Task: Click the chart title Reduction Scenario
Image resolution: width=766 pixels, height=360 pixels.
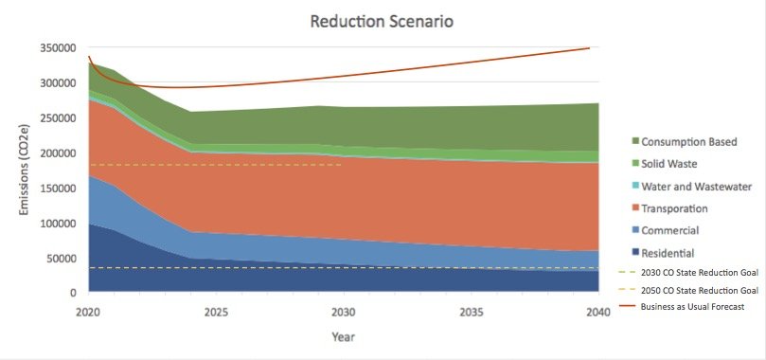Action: click(x=376, y=21)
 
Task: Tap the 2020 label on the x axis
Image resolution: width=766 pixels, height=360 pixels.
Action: click(x=88, y=312)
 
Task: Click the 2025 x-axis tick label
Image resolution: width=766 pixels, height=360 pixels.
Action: click(x=217, y=312)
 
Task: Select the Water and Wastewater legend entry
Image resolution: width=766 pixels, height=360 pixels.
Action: click(x=697, y=187)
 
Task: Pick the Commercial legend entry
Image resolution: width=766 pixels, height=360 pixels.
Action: click(x=670, y=230)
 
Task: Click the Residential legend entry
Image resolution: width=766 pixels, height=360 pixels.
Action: click(x=668, y=253)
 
